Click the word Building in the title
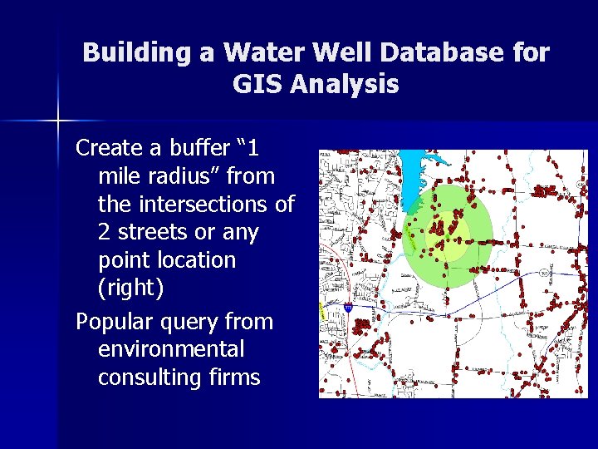(137, 53)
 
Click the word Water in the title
(250, 53)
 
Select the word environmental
(171, 349)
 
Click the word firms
(234, 377)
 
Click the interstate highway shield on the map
(348, 307)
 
